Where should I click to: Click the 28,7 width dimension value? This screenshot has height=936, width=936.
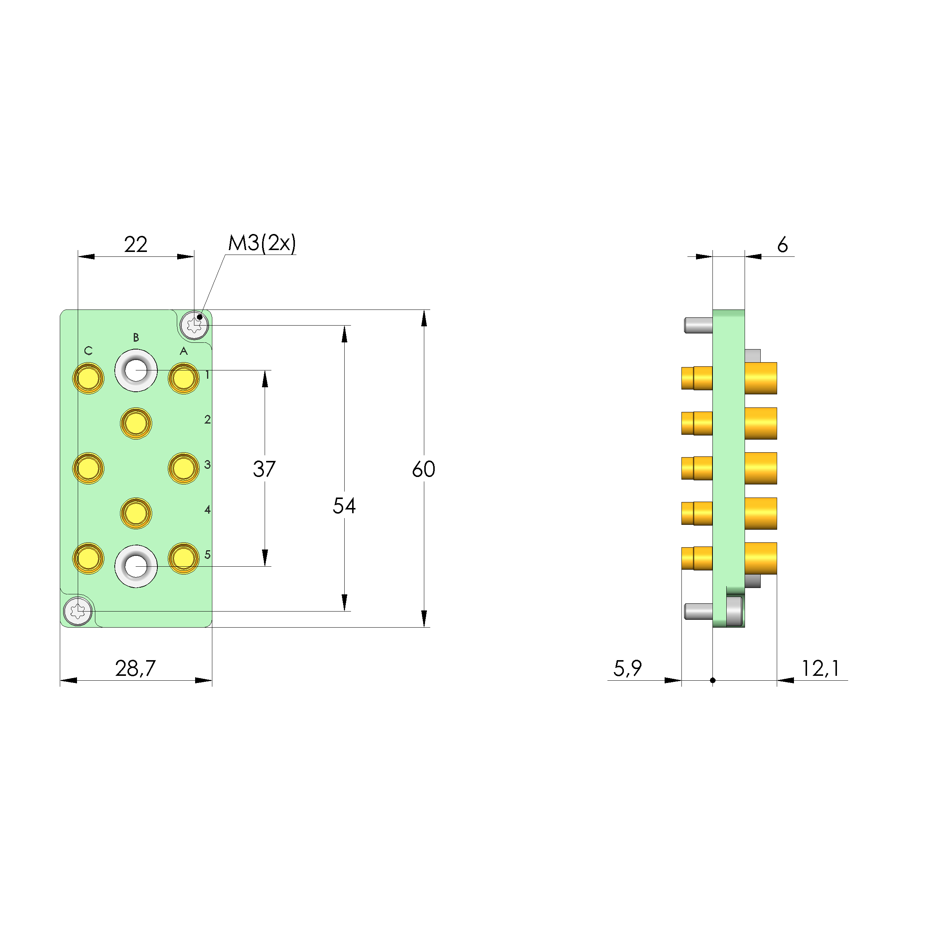click(136, 669)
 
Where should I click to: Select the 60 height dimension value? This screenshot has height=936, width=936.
click(424, 469)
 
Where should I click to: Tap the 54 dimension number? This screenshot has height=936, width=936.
click(344, 506)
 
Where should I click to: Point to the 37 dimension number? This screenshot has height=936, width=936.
click(265, 469)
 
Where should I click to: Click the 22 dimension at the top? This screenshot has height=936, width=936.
click(136, 245)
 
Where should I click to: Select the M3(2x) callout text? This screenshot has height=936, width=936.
click(262, 243)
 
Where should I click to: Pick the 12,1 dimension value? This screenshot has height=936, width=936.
click(820, 669)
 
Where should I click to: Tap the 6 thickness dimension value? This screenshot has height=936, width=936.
click(782, 245)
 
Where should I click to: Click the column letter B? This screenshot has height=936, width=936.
click(136, 337)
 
